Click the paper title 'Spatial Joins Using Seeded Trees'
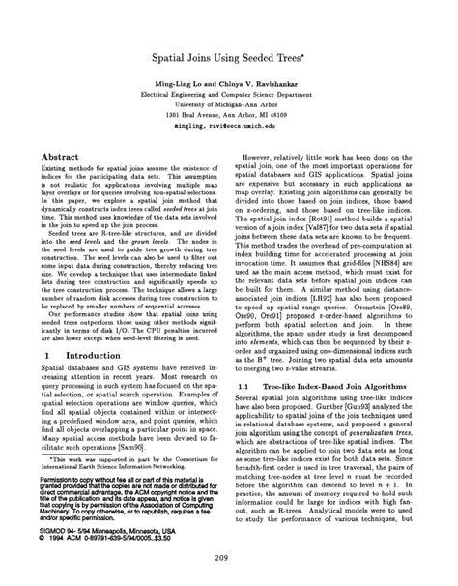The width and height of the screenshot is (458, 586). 228,58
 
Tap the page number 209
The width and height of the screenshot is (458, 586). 228,556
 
